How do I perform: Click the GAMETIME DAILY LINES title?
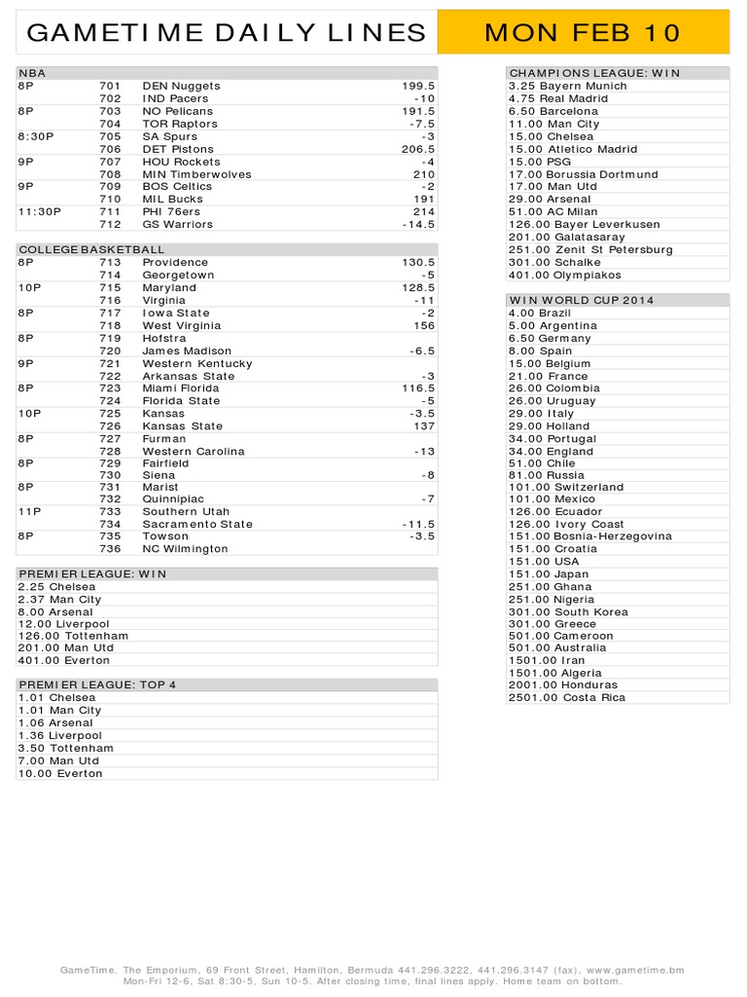coord(227,32)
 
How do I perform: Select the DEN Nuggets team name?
coord(181,86)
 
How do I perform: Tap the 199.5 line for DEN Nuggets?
coord(418,86)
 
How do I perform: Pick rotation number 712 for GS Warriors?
coord(110,225)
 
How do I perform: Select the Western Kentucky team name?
coord(197,363)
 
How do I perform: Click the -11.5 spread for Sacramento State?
coord(418,524)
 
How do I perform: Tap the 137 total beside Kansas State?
coord(423,426)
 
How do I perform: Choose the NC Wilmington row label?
coord(185,549)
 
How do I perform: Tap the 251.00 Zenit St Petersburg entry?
coord(590,250)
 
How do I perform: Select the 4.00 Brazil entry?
coord(540,314)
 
